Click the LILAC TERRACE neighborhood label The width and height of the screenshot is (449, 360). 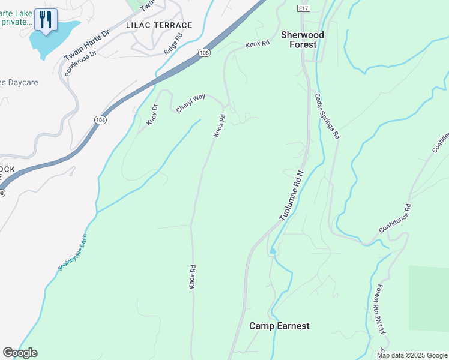159,25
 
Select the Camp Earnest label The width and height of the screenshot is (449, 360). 279,326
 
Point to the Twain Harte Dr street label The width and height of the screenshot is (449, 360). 86,44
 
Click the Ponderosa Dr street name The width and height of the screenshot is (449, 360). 81,61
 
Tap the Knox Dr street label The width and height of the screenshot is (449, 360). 152,115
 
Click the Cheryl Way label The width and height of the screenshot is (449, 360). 191,102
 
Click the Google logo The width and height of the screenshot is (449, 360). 20,353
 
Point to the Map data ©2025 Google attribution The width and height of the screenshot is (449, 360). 411,355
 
